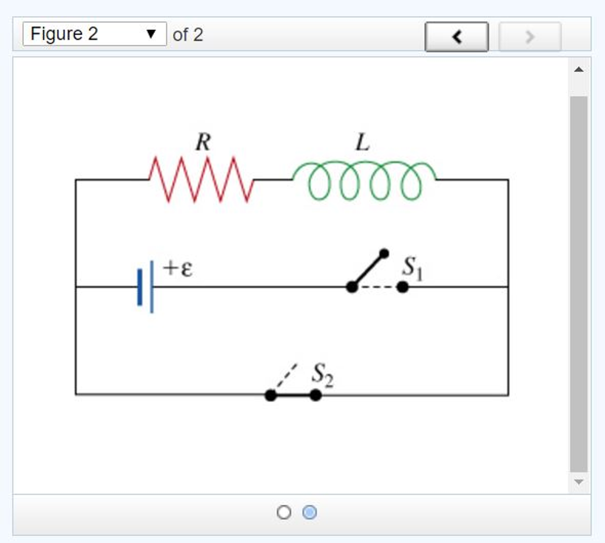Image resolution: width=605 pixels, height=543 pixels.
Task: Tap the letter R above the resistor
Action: pyautogui.click(x=203, y=142)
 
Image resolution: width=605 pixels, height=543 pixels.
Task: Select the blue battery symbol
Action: pyautogui.click(x=145, y=287)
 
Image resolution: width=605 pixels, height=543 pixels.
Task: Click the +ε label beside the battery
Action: pyautogui.click(x=178, y=269)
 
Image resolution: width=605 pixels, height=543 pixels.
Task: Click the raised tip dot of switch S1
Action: pyautogui.click(x=384, y=253)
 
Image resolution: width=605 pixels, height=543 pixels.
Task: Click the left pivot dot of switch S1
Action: pyautogui.click(x=352, y=287)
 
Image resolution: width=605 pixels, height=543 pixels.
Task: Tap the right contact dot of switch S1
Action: pyautogui.click(x=402, y=287)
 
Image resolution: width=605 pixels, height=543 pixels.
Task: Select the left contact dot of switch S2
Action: pyautogui.click(x=271, y=395)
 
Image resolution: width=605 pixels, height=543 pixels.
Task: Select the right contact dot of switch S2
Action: pyautogui.click(x=316, y=395)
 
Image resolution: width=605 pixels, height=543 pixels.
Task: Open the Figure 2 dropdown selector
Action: pyautogui.click(x=94, y=34)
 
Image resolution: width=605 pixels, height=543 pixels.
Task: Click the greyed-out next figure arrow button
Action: pyautogui.click(x=530, y=37)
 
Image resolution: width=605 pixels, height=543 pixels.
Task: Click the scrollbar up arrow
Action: pyautogui.click(x=579, y=70)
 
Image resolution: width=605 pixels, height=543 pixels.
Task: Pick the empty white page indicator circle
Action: pyautogui.click(x=284, y=512)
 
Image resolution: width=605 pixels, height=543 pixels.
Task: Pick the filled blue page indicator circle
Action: pyautogui.click(x=309, y=512)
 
